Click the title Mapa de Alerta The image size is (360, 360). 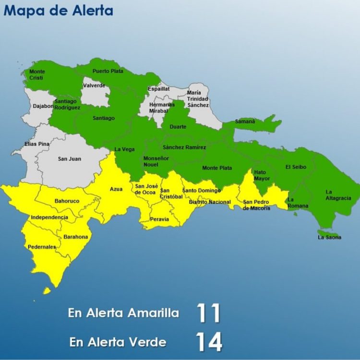[x=59, y=11]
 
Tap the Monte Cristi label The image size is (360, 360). [x=37, y=75]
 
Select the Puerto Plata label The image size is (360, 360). [x=108, y=71]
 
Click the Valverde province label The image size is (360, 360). [x=94, y=85]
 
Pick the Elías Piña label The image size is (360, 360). [x=37, y=144]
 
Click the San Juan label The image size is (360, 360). [x=70, y=159]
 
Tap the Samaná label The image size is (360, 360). [x=245, y=121]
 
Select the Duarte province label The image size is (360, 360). [x=178, y=127]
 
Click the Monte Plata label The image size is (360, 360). [x=217, y=168]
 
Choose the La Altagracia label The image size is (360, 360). [x=338, y=194]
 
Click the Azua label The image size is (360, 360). [x=116, y=189]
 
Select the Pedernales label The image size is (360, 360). [x=42, y=247]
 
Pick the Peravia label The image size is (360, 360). [x=159, y=219]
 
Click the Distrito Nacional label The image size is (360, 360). [x=210, y=202]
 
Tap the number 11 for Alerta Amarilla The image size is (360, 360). [x=208, y=313]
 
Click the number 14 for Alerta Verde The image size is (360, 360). [x=209, y=342]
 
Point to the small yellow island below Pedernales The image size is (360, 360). [x=47, y=290]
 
